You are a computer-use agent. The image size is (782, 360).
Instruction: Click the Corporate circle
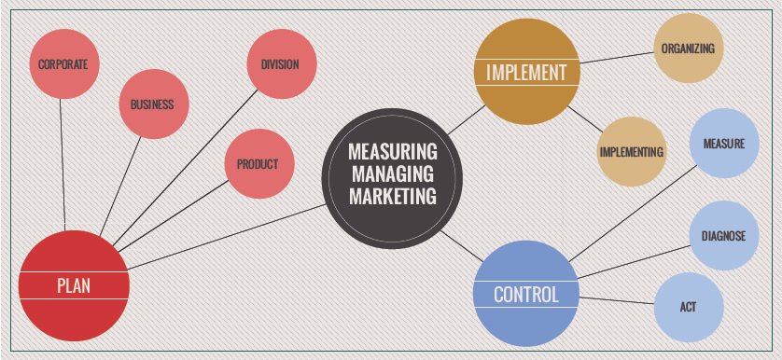click(63, 65)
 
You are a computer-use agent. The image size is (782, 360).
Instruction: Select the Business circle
click(152, 104)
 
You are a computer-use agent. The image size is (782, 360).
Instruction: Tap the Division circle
click(280, 65)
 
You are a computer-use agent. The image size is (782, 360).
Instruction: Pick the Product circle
click(258, 165)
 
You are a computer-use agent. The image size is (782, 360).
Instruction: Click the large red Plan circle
click(73, 285)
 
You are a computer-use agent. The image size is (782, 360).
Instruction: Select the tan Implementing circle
click(632, 151)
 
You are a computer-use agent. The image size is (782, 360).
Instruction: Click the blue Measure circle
click(723, 145)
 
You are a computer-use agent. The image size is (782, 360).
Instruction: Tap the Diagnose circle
click(723, 235)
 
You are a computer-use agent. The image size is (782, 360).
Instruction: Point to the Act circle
click(688, 307)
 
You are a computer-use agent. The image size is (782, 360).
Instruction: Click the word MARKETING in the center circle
click(392, 197)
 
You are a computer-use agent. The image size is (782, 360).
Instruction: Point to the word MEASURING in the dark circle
click(392, 150)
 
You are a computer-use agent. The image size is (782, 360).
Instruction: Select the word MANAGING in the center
click(392, 173)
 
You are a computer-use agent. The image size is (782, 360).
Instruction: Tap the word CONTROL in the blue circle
click(525, 295)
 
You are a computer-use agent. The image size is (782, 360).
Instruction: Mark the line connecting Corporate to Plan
click(63, 168)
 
